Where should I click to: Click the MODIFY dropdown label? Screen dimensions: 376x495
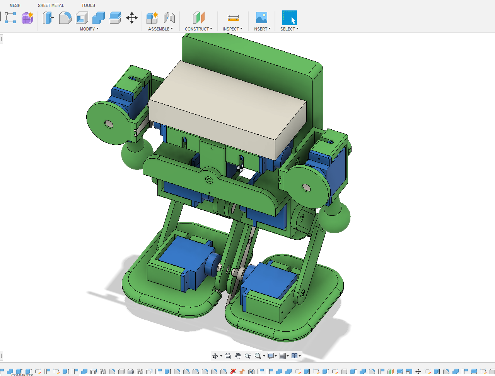[x=89, y=29]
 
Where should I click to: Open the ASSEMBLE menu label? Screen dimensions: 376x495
[x=160, y=29]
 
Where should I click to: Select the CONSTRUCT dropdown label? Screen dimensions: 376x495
[x=198, y=29]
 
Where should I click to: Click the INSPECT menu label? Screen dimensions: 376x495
[x=232, y=29]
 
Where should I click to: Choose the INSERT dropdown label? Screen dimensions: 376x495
[x=262, y=29]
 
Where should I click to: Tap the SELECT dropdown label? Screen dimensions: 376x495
[x=289, y=29]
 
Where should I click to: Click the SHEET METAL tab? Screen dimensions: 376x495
[x=51, y=5]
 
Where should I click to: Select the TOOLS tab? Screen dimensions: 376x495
[x=88, y=5]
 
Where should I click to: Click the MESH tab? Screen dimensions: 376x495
[x=15, y=5]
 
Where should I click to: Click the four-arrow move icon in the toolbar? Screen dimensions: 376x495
[x=132, y=18]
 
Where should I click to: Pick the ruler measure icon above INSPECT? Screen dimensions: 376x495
[x=233, y=18]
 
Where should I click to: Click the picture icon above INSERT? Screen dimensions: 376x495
[x=261, y=18]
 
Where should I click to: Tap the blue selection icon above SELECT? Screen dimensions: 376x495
[x=289, y=18]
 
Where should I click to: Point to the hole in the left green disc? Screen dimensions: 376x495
[x=109, y=124]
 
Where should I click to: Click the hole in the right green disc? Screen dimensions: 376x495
[x=306, y=188]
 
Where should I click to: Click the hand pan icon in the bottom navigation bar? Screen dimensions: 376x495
[x=238, y=356]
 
